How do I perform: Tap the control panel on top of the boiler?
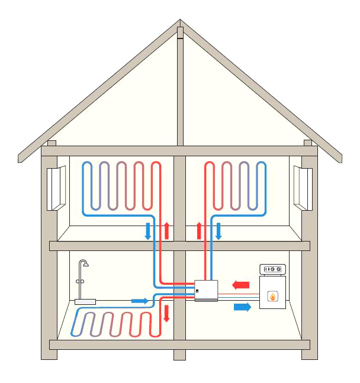coord(273,269)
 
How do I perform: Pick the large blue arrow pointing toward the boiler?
coord(242,306)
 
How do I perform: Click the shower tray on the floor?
coord(85,301)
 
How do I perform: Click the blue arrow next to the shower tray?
coord(139,301)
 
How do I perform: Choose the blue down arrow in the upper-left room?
coord(148,230)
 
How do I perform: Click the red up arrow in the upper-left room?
coord(167,230)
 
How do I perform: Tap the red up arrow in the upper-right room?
coord(199,230)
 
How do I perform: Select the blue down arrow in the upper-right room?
coord(218,230)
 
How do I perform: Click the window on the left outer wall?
coord(56,188)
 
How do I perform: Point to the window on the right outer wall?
coord(303,188)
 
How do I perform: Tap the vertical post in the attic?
coord(180,89)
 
